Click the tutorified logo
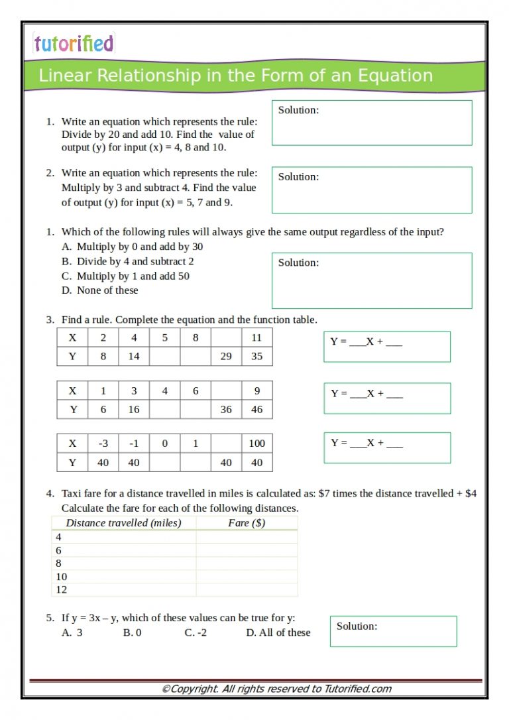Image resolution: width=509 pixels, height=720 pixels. pyautogui.click(x=74, y=44)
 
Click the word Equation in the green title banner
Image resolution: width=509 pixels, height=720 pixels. pyautogui.click(x=396, y=76)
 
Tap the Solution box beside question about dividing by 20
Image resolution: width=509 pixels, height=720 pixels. pyautogui.click(x=372, y=123)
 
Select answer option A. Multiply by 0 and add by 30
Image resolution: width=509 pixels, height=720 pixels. pyautogui.click(x=132, y=247)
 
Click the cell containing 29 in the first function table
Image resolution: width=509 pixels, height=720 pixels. pyautogui.click(x=226, y=356)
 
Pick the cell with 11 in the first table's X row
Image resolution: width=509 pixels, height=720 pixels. pyautogui.click(x=256, y=337)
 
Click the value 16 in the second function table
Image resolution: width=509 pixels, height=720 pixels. pyautogui.click(x=134, y=410)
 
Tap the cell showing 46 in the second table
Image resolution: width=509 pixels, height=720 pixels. pyautogui.click(x=256, y=410)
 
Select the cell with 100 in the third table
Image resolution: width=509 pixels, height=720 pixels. pyautogui.click(x=256, y=444)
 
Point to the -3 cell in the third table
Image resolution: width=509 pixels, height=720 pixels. pyautogui.click(x=103, y=444)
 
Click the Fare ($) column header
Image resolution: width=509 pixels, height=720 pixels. pyautogui.click(x=247, y=523)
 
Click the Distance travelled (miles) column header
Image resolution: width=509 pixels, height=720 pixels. pyautogui.click(x=124, y=523)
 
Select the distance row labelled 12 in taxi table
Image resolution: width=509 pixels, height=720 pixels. pyautogui.click(x=62, y=589)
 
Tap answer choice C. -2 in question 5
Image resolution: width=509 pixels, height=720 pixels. pyautogui.click(x=196, y=632)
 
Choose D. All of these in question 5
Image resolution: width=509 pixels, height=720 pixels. pyautogui.click(x=278, y=632)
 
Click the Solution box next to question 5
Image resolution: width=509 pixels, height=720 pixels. pyautogui.click(x=393, y=631)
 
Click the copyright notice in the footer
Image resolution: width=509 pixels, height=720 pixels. pyautogui.click(x=277, y=689)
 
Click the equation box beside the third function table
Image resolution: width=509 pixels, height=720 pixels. pyautogui.click(x=387, y=448)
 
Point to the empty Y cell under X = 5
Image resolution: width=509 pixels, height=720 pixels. pyautogui.click(x=164, y=356)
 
